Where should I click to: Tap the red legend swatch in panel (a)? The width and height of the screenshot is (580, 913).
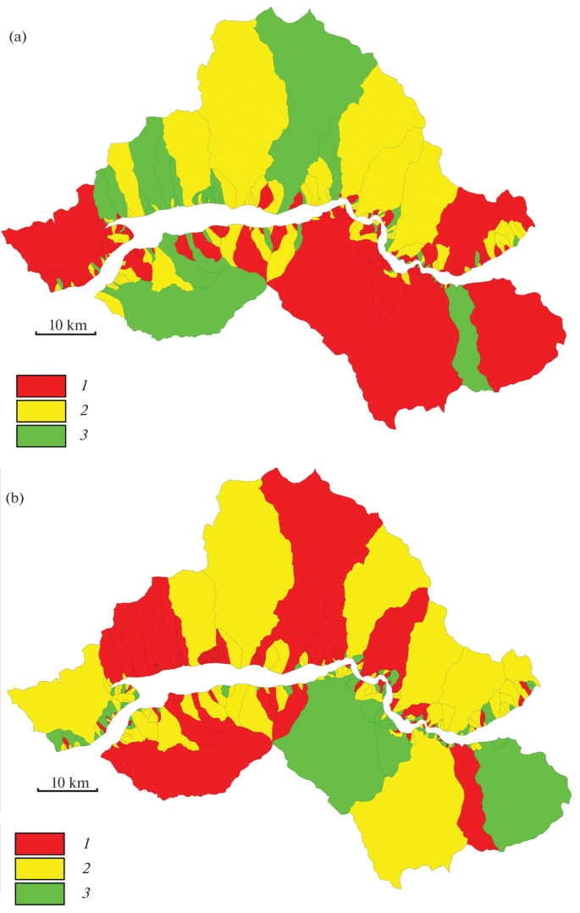pos(41,385)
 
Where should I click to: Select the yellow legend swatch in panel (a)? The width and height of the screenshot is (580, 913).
pos(41,411)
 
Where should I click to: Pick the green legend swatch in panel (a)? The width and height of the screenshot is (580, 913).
pos(41,435)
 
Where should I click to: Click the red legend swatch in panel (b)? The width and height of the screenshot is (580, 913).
pos(41,844)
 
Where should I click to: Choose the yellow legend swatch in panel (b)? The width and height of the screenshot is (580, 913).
pos(41,868)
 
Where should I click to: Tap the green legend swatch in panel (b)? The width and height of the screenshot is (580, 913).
pos(41,893)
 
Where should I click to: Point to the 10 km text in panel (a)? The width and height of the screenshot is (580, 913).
pos(66,325)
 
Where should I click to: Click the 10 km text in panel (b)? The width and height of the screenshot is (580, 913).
pos(68,781)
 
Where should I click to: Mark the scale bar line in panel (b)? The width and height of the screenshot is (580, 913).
pos(68,790)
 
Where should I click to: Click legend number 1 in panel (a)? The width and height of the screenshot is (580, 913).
pos(85,385)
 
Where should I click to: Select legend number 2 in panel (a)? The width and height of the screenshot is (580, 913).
pos(85,411)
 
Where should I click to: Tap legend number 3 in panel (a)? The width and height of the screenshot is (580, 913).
pos(85,435)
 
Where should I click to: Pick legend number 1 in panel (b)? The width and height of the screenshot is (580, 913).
pos(85,844)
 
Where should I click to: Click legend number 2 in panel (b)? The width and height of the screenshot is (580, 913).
pos(85,868)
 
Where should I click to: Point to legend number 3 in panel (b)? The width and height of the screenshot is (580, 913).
pos(85,893)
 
